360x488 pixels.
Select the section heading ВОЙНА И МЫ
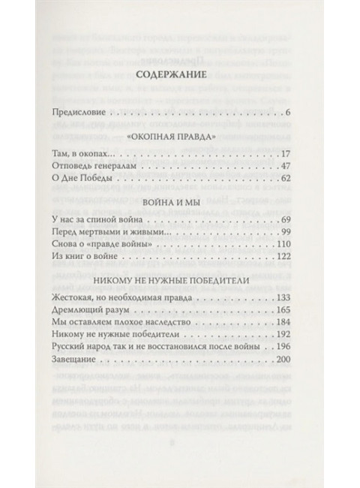(179, 204)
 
